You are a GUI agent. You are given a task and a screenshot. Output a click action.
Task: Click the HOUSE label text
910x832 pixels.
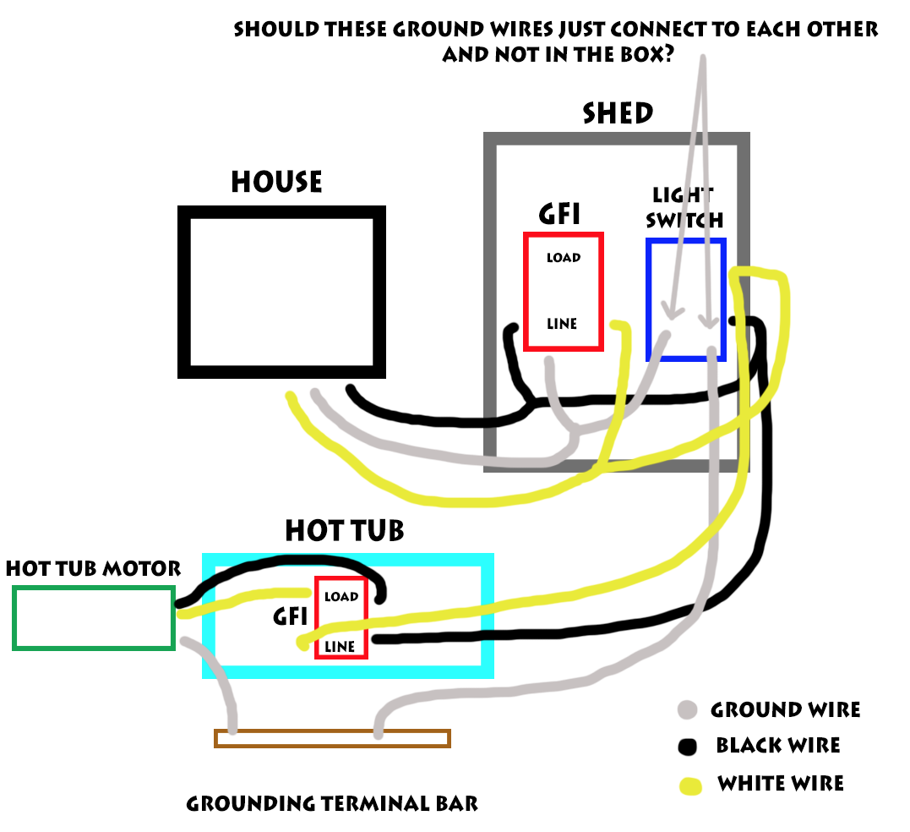pos(276,182)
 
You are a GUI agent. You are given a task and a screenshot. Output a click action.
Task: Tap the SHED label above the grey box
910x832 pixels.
pos(618,113)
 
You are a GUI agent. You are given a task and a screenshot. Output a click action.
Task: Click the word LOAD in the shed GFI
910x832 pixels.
pos(563,257)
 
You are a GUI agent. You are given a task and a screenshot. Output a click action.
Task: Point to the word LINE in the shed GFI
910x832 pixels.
pos(562,324)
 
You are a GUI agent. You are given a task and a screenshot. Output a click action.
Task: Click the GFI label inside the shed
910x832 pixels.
pos(559,215)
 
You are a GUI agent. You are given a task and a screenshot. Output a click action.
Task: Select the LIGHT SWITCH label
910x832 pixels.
pos(684,207)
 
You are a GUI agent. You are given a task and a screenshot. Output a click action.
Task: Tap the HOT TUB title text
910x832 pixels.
pos(344,531)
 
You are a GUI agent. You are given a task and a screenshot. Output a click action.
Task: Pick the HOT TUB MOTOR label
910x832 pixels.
pos(93,569)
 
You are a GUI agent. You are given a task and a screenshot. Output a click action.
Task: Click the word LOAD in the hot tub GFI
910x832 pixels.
pos(341,597)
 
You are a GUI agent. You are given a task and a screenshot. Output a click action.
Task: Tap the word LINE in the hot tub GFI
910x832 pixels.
pos(340,647)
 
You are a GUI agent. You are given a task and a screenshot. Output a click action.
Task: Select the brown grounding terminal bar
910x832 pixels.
pos(332,738)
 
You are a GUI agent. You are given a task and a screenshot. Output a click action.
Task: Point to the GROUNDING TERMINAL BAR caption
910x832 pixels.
pos(332,802)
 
